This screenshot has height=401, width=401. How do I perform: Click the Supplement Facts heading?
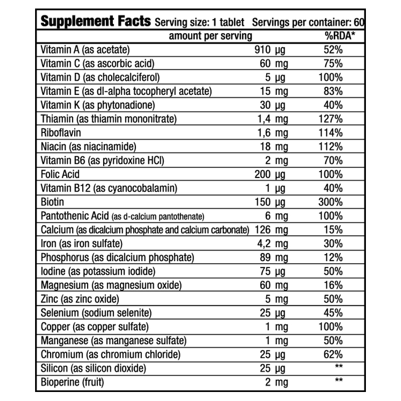click(x=96, y=21)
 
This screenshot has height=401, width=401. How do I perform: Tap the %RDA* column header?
click(x=340, y=36)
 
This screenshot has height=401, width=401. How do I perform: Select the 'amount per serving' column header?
click(x=211, y=36)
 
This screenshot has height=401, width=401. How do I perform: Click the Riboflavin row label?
click(x=61, y=133)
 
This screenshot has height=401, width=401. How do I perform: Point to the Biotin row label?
click(x=53, y=202)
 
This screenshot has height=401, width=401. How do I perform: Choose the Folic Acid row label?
click(x=60, y=174)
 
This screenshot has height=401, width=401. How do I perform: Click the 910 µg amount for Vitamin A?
click(x=270, y=50)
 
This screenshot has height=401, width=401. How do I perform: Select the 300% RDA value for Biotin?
click(x=330, y=202)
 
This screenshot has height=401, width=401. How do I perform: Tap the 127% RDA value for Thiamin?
click(x=330, y=119)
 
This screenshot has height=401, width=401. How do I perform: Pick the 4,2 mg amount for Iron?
click(x=273, y=244)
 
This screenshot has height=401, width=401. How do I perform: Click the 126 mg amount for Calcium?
click(x=271, y=230)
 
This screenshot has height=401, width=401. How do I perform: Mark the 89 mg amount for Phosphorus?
click(x=274, y=258)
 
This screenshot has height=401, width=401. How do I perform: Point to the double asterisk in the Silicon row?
click(x=339, y=366)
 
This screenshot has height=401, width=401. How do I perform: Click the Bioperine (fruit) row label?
click(x=72, y=382)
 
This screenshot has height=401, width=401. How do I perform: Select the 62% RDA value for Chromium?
click(x=333, y=354)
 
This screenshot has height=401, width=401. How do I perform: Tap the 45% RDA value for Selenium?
click(x=333, y=313)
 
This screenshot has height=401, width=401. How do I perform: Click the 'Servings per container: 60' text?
click(x=308, y=23)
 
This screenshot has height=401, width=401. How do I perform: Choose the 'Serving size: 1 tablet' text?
click(x=199, y=23)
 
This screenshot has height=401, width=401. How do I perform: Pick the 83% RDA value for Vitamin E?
click(x=333, y=91)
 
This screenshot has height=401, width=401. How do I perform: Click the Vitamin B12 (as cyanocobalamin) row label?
click(x=109, y=188)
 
